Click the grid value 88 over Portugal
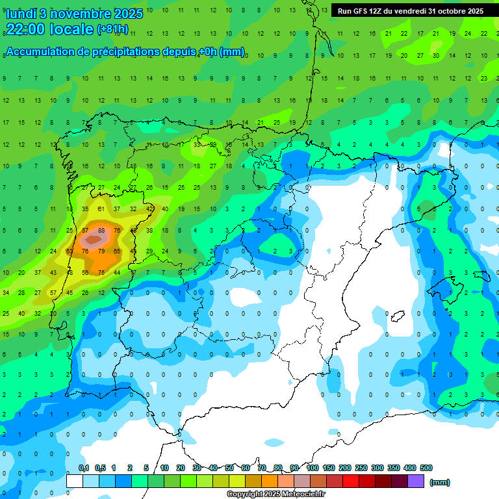[101, 230]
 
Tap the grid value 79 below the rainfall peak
[101, 251]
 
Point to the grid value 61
[101, 209]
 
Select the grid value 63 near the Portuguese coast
[70, 251]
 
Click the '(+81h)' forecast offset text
[112, 30]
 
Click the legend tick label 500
[426, 468]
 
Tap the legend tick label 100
[312, 468]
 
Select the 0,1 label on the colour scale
[84, 468]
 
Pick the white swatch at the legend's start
[75, 481]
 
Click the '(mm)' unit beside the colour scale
[440, 482]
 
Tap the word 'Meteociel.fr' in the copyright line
[303, 494]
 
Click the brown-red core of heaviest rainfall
[93, 240]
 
